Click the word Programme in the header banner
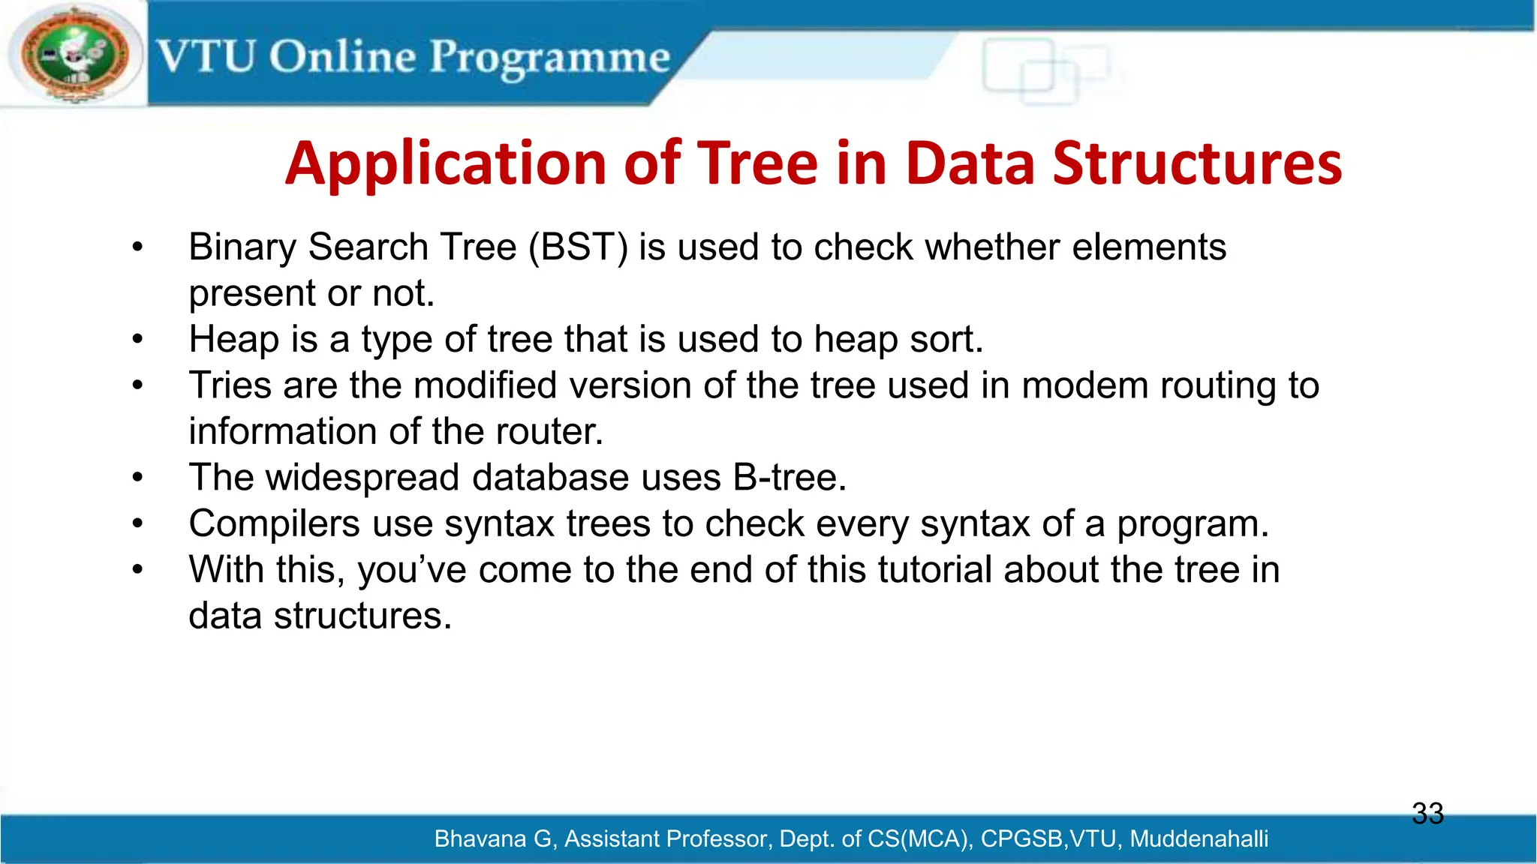point(549,58)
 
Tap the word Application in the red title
point(446,163)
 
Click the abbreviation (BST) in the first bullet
point(578,247)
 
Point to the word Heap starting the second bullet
point(233,339)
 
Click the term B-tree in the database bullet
point(790,478)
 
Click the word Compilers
point(274,523)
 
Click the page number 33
point(1427,814)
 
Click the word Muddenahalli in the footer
point(1199,838)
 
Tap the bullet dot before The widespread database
point(137,478)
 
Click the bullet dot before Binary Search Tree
point(137,247)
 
